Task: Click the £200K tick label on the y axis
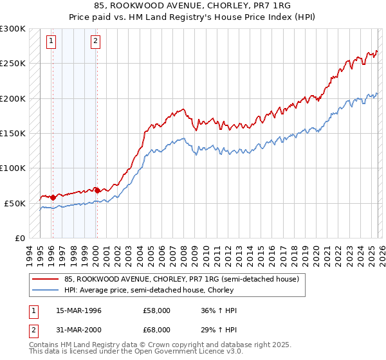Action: coord(13,98)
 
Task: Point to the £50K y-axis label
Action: coord(15,203)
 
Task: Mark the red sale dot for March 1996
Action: coord(53,197)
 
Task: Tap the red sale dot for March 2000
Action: coord(96,190)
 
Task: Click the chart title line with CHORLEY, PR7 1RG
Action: coord(193,6)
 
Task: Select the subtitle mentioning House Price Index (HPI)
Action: coord(193,17)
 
